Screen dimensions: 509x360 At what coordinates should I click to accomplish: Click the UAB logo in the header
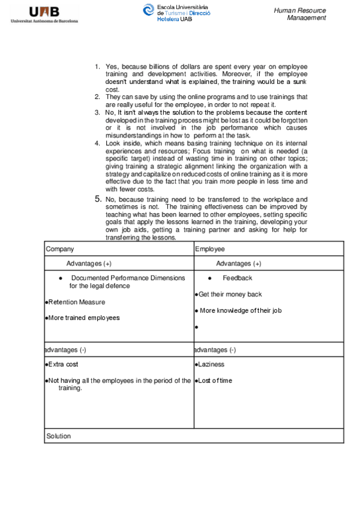click(x=44, y=14)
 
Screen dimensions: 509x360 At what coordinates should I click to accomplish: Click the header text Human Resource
click(x=299, y=10)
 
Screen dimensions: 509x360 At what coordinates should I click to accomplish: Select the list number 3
click(x=97, y=112)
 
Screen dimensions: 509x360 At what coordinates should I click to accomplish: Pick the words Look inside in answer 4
click(x=123, y=143)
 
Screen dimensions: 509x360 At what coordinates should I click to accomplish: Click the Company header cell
click(x=60, y=248)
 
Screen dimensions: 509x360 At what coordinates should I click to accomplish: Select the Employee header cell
click(x=211, y=248)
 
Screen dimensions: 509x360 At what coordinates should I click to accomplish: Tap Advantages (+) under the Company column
click(x=89, y=264)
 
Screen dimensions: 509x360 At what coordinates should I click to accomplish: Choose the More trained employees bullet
click(x=83, y=318)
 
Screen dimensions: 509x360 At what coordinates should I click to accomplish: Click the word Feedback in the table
click(x=237, y=278)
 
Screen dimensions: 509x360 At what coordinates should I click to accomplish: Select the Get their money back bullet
click(x=230, y=295)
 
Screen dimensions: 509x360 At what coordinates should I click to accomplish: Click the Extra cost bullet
click(x=63, y=364)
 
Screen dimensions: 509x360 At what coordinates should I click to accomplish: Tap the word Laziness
click(x=211, y=364)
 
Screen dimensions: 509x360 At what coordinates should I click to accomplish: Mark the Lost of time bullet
click(x=215, y=381)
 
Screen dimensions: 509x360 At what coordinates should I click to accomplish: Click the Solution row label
click(x=59, y=436)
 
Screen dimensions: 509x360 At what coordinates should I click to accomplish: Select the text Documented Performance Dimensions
click(x=128, y=278)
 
